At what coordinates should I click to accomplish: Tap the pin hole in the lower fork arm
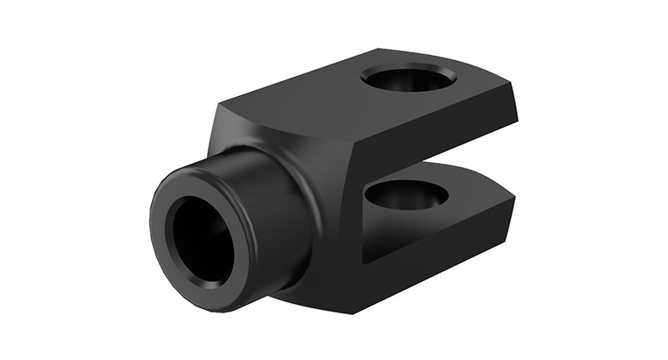coord(407,195)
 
